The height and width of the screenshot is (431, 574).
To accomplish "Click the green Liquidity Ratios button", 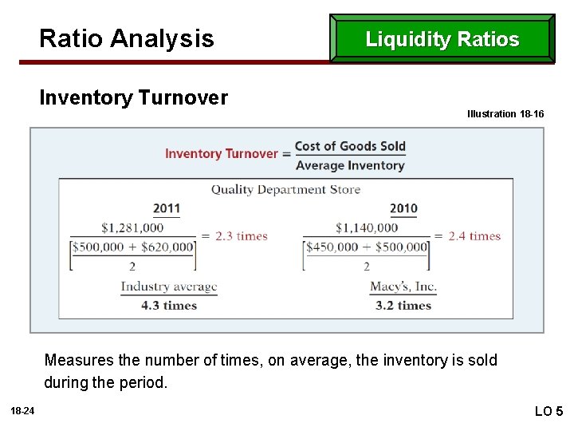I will point(442,39).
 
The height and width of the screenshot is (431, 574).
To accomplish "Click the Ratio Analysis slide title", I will point(127,38).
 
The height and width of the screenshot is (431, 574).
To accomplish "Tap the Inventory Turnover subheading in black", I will point(133,98).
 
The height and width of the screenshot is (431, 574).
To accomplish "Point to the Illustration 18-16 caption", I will point(505,114).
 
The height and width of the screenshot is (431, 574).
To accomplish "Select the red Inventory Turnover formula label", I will point(222,153).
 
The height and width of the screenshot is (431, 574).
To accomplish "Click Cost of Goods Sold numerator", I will point(350,146).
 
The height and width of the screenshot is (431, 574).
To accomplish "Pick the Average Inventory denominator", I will point(350,165).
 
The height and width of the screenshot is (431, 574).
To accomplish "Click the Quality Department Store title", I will point(285,190).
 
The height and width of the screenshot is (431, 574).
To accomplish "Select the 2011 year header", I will point(167,208).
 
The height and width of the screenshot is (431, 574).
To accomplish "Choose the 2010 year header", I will point(403,208).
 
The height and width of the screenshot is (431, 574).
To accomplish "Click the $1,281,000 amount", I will point(132,228).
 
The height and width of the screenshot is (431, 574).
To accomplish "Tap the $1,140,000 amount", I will point(367,228).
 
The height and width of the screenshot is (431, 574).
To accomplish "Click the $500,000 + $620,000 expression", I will point(133,247).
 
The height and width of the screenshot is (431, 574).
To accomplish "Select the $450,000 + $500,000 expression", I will point(368,247).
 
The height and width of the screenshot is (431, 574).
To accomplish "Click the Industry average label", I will point(168,287).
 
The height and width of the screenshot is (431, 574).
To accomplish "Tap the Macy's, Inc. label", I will point(403,287).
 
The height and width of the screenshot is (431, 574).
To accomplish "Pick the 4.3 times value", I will point(168,305).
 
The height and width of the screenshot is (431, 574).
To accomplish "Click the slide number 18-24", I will point(22,410).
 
